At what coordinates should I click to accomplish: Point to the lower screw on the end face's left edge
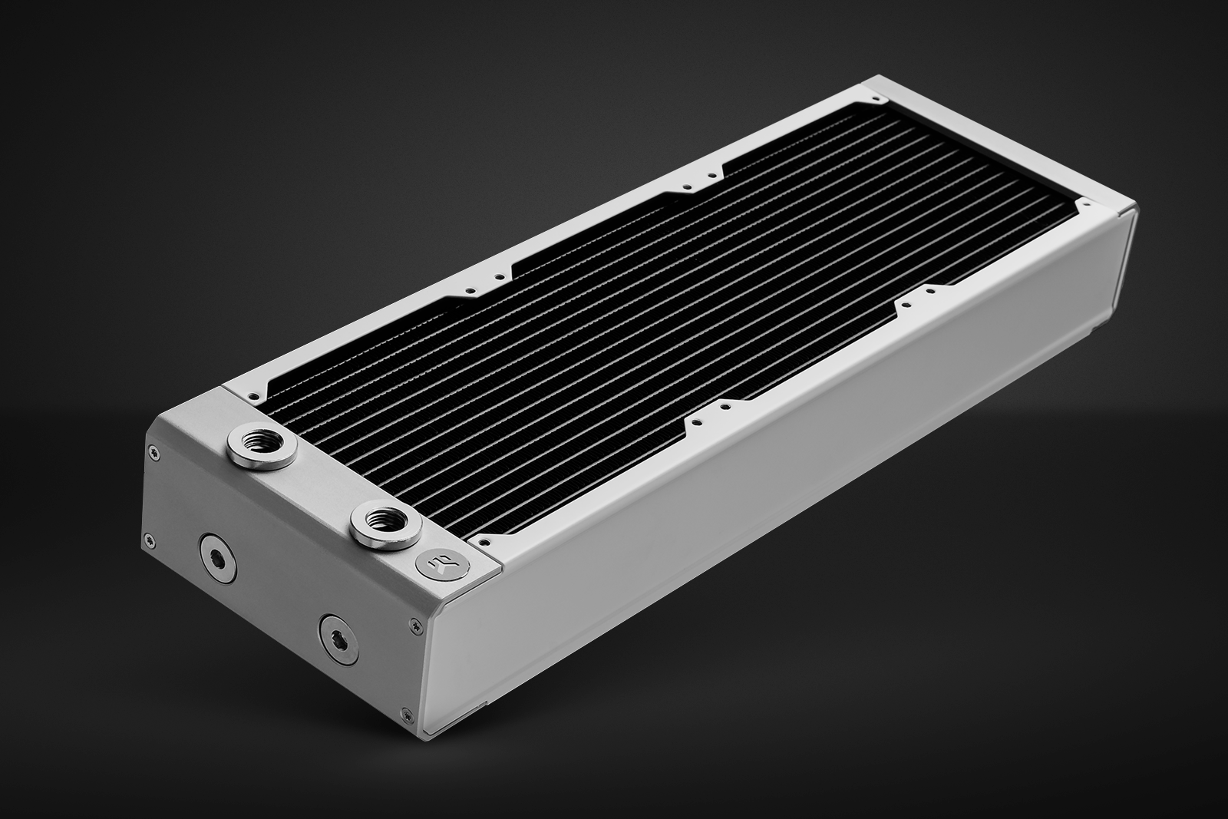[146, 537]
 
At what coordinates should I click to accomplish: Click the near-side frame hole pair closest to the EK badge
[706, 421]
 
